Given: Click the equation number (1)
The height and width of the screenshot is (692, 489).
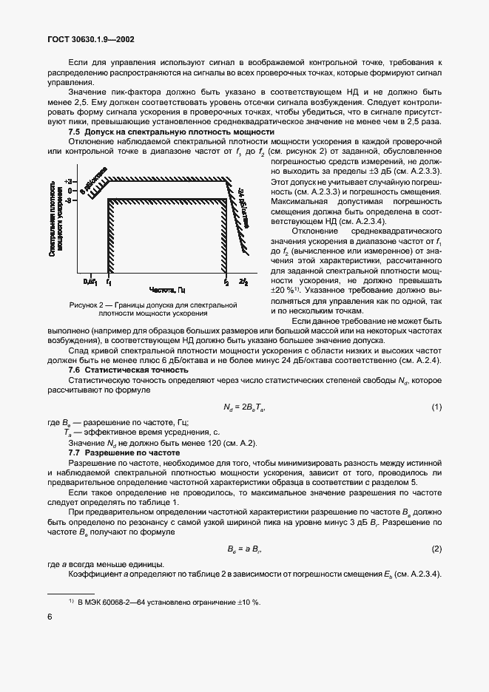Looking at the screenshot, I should point(436,407).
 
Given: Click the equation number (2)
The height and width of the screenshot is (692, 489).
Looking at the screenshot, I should point(436,549).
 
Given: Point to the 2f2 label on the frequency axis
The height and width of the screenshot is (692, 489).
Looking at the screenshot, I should point(243,282).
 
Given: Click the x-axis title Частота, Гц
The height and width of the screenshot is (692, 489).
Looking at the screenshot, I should point(167,291).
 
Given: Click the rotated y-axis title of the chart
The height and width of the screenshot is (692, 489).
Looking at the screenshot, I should point(61,228).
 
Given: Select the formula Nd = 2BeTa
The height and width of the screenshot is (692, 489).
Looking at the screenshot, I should point(244,407).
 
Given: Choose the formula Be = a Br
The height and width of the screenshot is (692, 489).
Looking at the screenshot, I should point(244,549).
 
